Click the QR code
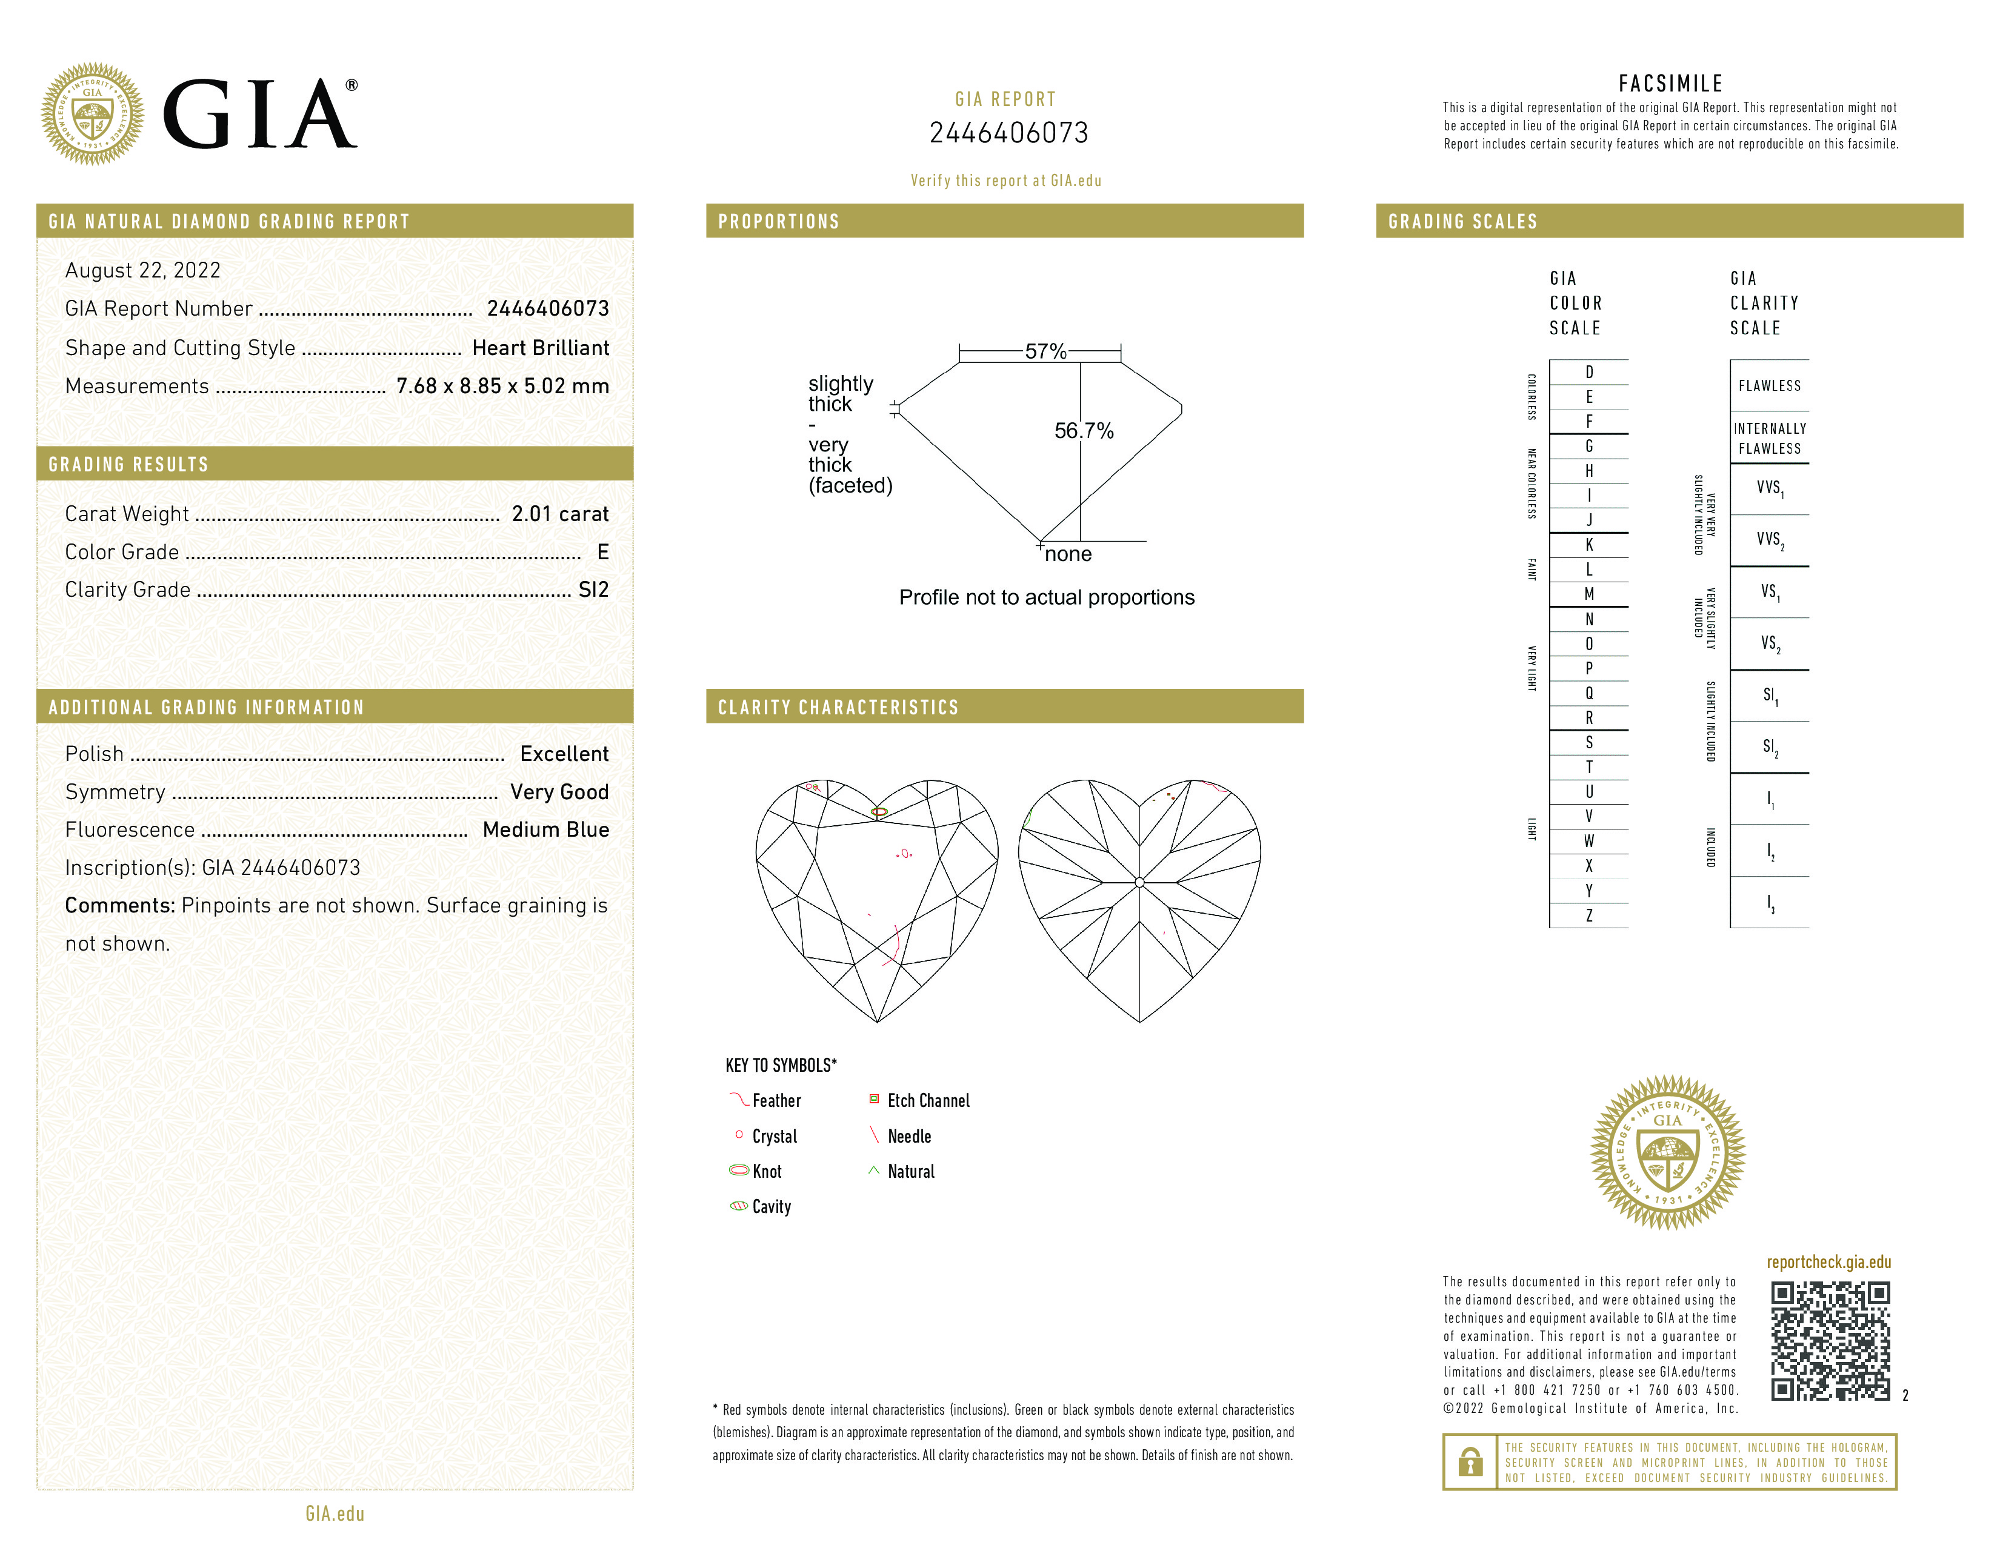point(1830,1341)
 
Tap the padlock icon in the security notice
point(1470,1462)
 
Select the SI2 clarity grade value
point(593,590)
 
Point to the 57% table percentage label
point(1045,351)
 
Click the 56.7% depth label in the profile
point(1084,431)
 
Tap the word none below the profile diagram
point(1068,554)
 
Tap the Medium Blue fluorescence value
point(546,830)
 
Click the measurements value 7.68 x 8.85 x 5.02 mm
point(502,387)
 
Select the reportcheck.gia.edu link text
point(1828,1262)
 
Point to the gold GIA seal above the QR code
point(1668,1152)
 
